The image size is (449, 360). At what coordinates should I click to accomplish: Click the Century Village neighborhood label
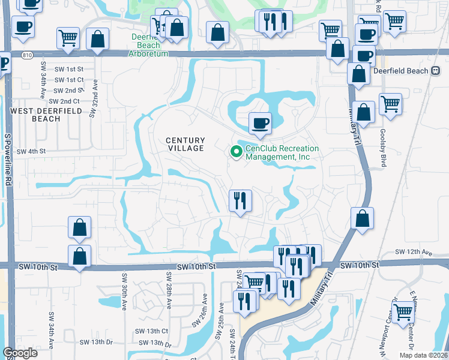(x=185, y=144)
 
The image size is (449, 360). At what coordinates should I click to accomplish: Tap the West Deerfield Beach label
(x=35, y=115)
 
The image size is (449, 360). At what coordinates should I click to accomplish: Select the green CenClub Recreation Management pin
(x=235, y=153)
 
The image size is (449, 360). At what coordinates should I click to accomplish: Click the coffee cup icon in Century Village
(x=260, y=124)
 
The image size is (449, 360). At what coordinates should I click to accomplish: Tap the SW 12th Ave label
(x=414, y=253)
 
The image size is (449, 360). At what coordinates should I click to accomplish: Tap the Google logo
(x=20, y=353)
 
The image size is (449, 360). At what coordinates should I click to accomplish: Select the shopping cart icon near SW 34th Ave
(x=68, y=38)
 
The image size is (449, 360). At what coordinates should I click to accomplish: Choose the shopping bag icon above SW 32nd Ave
(x=97, y=39)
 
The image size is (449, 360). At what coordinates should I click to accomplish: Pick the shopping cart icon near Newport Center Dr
(x=403, y=312)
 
